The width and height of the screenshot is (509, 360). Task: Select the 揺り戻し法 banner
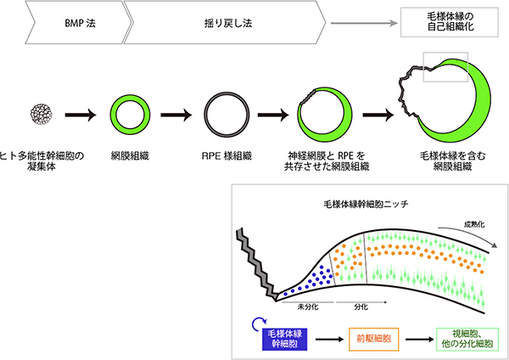click(225, 21)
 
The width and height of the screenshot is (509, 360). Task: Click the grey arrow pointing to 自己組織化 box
click(365, 22)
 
